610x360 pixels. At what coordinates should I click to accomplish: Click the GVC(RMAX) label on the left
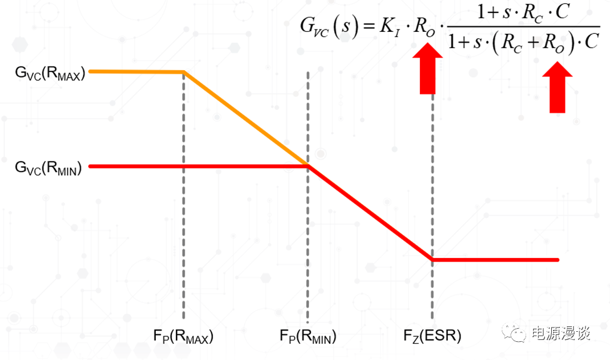click(x=50, y=73)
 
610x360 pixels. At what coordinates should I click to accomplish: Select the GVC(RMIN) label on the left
click(x=48, y=168)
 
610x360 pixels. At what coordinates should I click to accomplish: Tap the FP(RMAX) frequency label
click(x=183, y=336)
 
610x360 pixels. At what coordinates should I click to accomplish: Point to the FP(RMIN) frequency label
click(x=308, y=336)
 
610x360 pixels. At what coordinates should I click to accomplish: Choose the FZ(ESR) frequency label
click(x=432, y=336)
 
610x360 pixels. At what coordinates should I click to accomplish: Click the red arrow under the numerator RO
click(x=427, y=68)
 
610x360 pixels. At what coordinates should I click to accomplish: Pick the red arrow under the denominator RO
click(x=557, y=87)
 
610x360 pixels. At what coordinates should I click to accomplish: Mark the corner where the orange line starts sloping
click(x=183, y=72)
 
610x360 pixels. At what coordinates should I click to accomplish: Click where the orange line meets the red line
click(x=308, y=166)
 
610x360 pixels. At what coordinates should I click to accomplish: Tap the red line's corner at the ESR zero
click(x=432, y=260)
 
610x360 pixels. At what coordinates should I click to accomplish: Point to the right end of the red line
click(x=558, y=260)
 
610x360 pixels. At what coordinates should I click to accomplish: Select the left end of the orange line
click(x=90, y=71)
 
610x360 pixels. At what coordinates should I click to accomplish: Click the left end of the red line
click(x=90, y=166)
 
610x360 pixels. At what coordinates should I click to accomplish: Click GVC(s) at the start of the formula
click(x=329, y=28)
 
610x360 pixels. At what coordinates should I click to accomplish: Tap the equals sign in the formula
click(x=369, y=27)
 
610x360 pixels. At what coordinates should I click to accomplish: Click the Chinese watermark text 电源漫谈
click(x=561, y=333)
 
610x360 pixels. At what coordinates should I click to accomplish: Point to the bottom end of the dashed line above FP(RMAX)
click(x=183, y=319)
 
